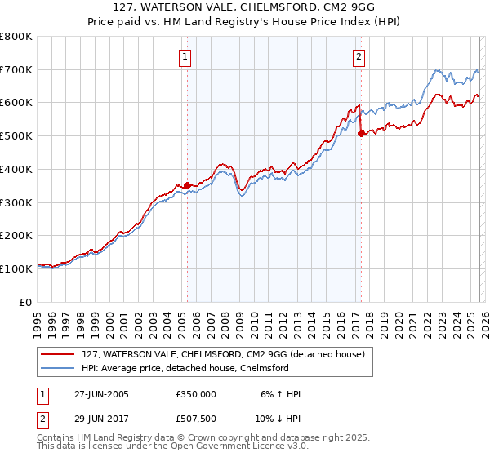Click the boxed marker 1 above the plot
[x=186, y=57]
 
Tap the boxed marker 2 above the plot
[x=359, y=57]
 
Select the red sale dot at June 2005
[x=187, y=185]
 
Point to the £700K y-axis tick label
[x=16, y=69]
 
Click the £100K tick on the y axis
[x=16, y=268]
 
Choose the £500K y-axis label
[x=16, y=135]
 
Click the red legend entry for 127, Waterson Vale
[x=228, y=354]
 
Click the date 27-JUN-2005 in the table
[x=101, y=394]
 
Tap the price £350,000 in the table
[x=196, y=394]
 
